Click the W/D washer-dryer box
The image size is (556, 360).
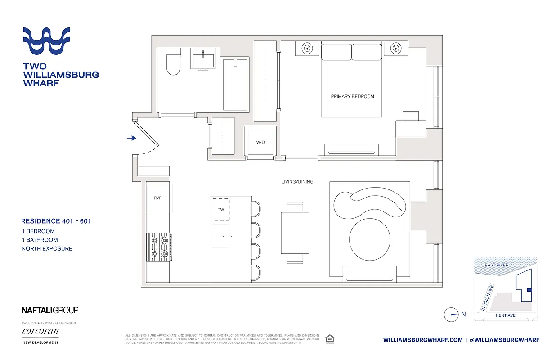coord(260,142)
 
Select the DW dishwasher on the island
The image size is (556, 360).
coord(220,209)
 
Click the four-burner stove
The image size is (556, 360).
coord(159,247)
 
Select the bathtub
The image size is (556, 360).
coord(235,85)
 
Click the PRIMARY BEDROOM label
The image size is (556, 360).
coord(352,96)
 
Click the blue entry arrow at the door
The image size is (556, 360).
coord(131,138)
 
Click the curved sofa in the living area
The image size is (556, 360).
coord(370,204)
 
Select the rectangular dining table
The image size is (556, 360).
coord(295,233)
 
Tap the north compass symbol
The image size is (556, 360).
coord(451,315)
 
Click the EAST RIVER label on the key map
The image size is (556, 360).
coord(496,265)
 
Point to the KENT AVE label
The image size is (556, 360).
coord(505,315)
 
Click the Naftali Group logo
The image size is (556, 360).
coord(50,310)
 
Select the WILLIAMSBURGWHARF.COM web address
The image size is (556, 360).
coord(423,340)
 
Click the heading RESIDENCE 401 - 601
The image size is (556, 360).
coord(56,221)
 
